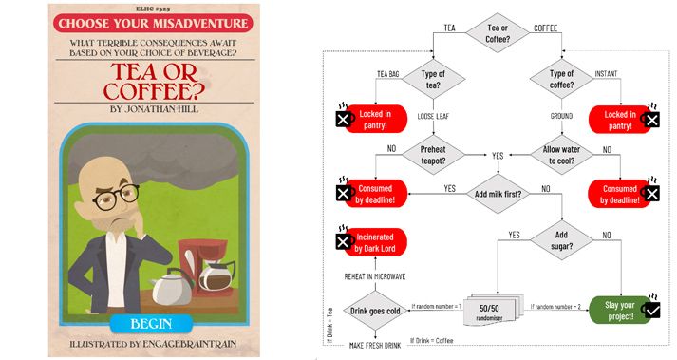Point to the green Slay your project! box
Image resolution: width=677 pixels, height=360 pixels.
tap(620, 310)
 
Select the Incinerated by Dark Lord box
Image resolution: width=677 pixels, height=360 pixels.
tap(375, 242)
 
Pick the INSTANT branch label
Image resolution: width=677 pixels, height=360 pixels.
tap(606, 74)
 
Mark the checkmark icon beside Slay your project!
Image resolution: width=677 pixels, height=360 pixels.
tap(652, 310)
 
